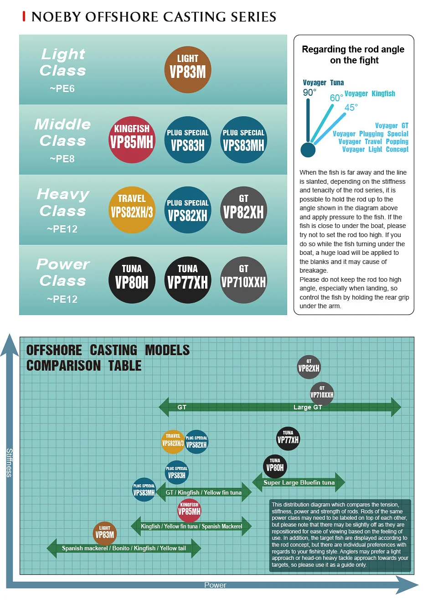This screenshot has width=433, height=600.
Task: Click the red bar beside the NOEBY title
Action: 24,17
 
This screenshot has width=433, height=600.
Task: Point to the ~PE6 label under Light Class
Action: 62,89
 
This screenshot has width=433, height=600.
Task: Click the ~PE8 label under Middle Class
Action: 62,159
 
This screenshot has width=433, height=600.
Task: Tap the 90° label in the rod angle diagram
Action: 309,93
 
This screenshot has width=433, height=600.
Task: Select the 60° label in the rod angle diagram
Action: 336,98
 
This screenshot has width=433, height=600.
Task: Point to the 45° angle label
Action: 351,108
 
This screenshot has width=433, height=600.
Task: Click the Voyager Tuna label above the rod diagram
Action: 323,83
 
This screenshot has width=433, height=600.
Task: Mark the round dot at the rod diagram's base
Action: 308,150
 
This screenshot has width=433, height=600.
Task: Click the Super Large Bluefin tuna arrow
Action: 299,482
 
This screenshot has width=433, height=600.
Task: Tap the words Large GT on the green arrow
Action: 308,407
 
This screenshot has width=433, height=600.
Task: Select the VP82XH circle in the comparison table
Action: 309,367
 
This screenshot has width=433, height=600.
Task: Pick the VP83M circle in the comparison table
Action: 104,533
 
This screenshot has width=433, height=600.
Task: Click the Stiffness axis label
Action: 9,462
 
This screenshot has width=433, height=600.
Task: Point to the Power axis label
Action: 215,585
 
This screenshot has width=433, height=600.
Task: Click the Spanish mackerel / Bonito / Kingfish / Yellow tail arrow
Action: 124,548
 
